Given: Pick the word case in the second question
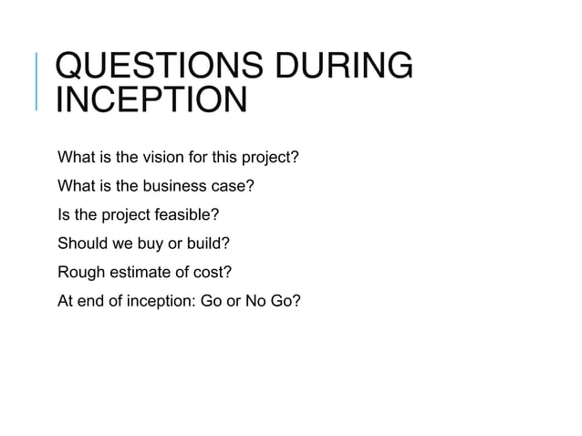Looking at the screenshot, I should click(x=233, y=186).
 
